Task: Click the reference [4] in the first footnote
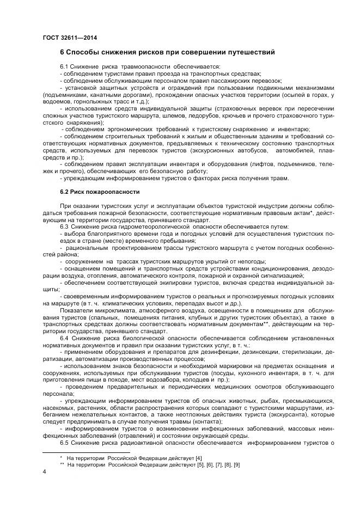[183, 458]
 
